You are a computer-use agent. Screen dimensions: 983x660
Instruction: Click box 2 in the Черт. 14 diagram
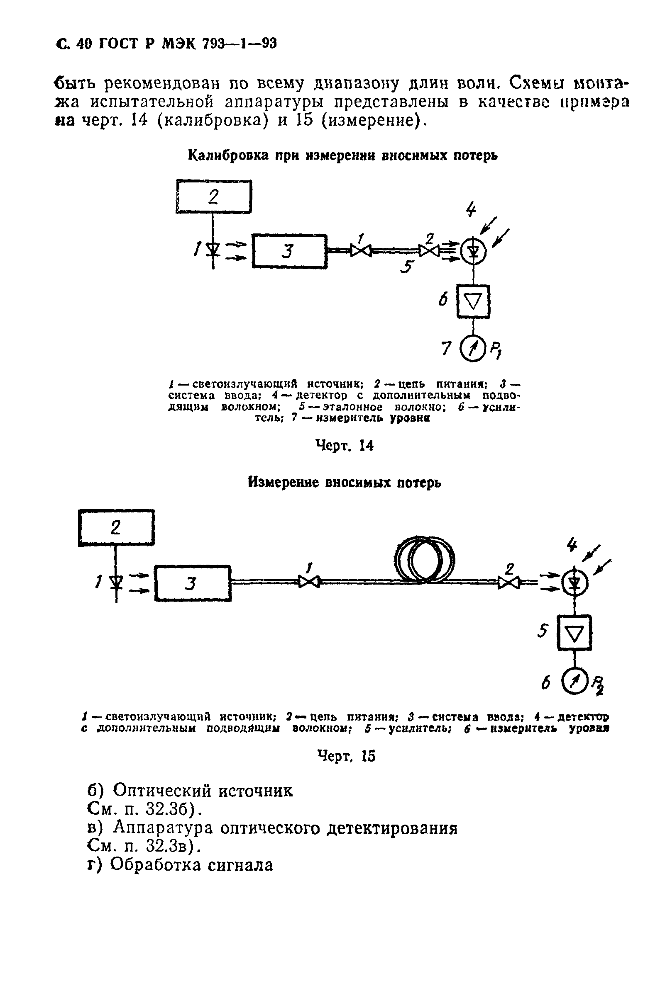tap(213, 197)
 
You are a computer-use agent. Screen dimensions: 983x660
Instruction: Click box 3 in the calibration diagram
tap(290, 251)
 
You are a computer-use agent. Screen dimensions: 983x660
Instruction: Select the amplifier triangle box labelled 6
tap(473, 301)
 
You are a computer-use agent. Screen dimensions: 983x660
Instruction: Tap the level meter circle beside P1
tap(473, 350)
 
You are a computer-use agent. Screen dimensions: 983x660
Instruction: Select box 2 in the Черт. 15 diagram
tap(116, 527)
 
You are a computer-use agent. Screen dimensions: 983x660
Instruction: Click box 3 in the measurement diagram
tap(193, 583)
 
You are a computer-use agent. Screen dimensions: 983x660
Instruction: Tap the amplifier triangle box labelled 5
tap(574, 632)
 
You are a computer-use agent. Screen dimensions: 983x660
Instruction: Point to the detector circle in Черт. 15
tap(574, 583)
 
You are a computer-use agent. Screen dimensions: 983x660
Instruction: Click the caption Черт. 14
tap(344, 445)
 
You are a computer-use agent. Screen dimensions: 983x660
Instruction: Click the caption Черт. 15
tap(346, 756)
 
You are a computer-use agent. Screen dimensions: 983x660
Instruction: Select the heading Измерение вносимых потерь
tap(344, 482)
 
